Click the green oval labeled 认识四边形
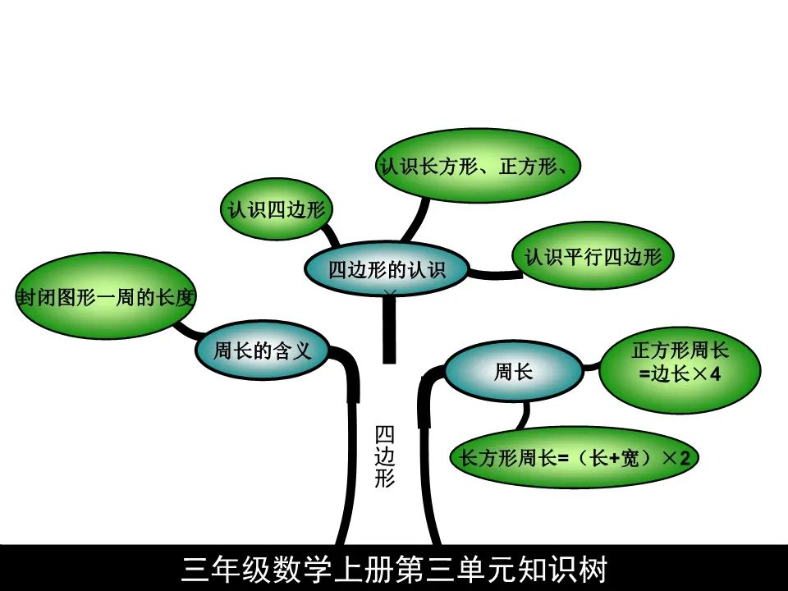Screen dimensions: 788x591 point(277,210)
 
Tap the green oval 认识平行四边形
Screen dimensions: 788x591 point(592,257)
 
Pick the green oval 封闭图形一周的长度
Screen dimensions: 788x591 point(105,296)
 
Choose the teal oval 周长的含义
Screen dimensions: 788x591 point(262,351)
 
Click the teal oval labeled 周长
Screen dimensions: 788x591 point(513,373)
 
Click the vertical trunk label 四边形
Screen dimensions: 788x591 point(384,456)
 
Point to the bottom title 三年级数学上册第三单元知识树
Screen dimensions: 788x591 point(394,569)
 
